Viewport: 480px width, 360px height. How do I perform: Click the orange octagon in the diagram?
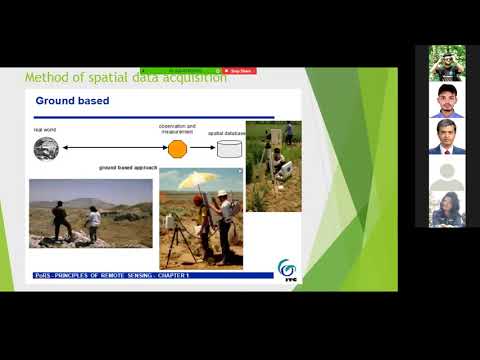click(x=177, y=149)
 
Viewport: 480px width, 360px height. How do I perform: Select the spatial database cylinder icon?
click(x=230, y=149)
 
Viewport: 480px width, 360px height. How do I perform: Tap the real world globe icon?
click(x=45, y=149)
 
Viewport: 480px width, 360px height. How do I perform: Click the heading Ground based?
click(x=72, y=101)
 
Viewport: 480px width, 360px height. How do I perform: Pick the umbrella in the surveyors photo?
click(x=195, y=181)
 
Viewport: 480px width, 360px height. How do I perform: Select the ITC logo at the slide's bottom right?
click(x=286, y=270)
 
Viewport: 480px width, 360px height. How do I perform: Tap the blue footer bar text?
click(x=110, y=275)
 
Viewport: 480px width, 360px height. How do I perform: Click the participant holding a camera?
click(x=447, y=63)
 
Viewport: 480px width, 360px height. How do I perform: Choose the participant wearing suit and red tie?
click(x=447, y=137)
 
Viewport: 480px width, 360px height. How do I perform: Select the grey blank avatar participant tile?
click(x=447, y=174)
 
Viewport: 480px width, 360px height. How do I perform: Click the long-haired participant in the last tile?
click(x=447, y=210)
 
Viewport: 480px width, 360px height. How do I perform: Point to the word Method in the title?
click(x=45, y=77)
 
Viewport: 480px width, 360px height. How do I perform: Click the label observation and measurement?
click(x=177, y=129)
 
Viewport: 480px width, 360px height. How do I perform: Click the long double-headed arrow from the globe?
click(x=110, y=149)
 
